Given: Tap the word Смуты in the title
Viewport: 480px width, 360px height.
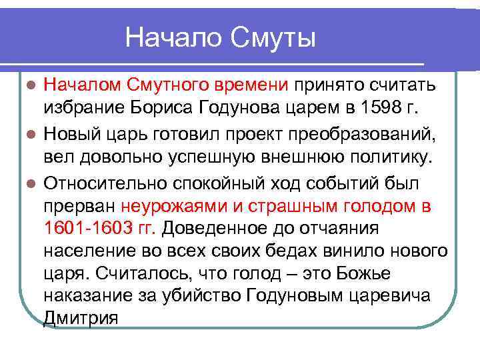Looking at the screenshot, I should point(273,37).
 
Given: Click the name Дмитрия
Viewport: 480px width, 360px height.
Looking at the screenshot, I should point(81,318).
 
